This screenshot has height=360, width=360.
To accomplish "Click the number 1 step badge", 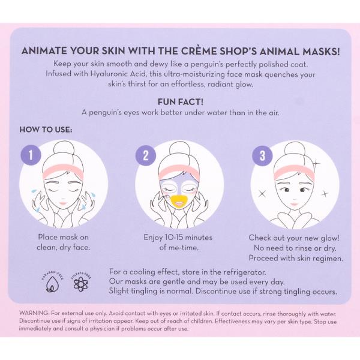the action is [x=31, y=155].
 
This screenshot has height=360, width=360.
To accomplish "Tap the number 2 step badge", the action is [x=146, y=155].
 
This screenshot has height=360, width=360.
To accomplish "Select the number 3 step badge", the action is [x=262, y=156].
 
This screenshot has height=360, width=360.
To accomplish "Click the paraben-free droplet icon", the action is [x=53, y=284].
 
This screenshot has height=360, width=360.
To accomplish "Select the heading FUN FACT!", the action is [x=181, y=102].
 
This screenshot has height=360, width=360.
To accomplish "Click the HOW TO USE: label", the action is [x=46, y=130].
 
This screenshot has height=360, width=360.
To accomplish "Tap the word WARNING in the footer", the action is [x=34, y=313].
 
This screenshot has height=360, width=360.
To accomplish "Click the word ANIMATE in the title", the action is [x=44, y=51].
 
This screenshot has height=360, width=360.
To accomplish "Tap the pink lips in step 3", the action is [x=293, y=203].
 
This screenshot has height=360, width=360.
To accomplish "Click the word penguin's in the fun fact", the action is [x=104, y=113].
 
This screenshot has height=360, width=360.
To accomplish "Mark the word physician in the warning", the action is [x=102, y=329].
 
